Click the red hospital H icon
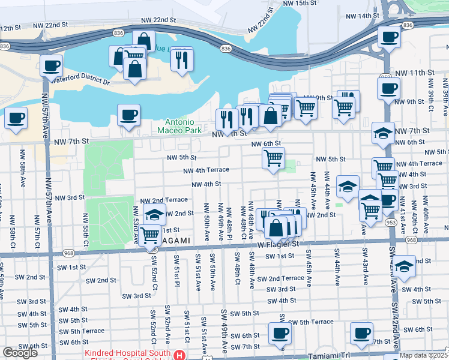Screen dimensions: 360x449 tap(178, 355)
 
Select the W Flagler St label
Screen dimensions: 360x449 tap(279, 244)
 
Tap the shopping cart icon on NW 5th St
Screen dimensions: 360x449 tap(274, 158)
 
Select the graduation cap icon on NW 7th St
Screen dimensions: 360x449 tap(383, 133)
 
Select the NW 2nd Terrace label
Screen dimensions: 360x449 tap(164, 200)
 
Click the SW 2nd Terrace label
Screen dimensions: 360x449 tap(281, 278)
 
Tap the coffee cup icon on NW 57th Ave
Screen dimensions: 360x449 tap(51, 64)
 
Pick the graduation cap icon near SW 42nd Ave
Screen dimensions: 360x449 tap(405, 266)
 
